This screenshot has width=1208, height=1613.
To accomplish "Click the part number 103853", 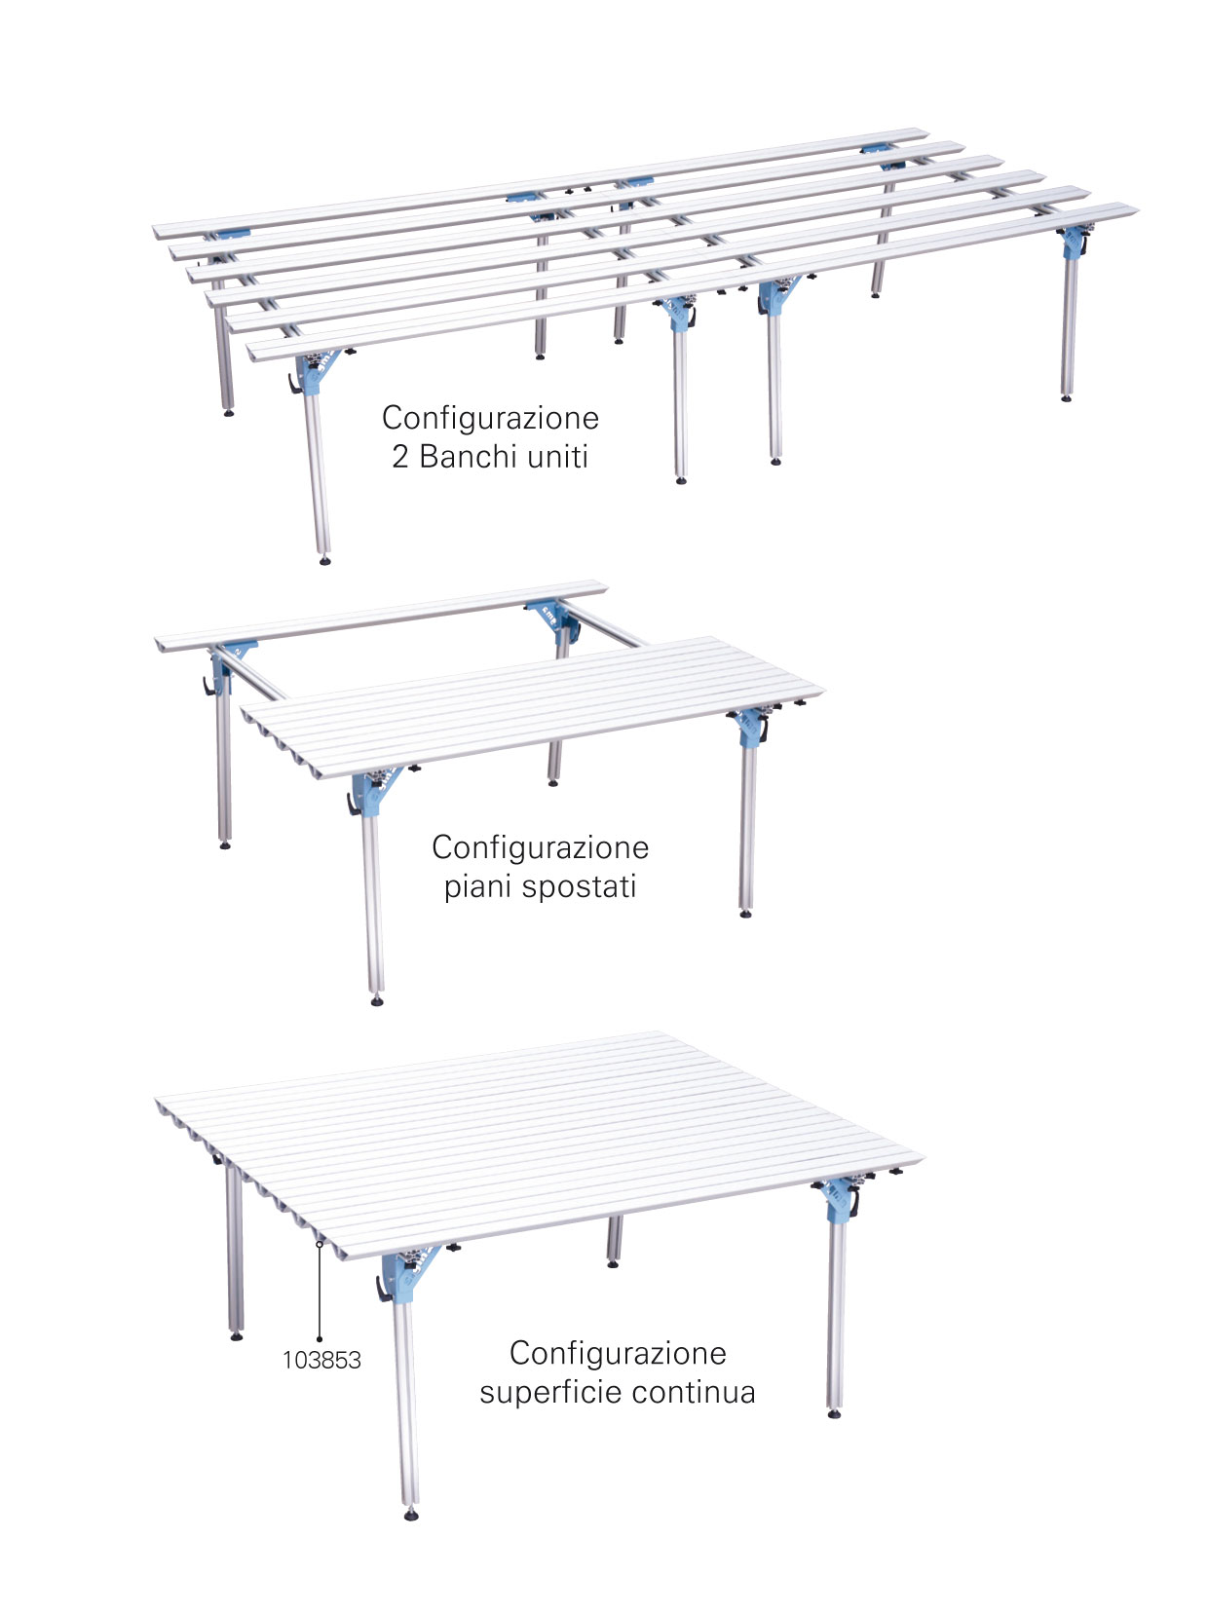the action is pos(321,1360).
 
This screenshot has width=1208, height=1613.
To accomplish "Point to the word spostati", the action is pos(579,886).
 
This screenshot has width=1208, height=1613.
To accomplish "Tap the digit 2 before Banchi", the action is pos(400,457).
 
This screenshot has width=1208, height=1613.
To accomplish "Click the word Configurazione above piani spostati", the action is pos(540,847).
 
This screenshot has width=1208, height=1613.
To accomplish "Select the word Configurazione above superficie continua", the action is pos(618,1353).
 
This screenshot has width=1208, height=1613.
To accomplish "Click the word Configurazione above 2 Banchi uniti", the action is pos(490,418).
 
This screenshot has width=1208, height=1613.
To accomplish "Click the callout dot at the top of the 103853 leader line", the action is pos(320,1244).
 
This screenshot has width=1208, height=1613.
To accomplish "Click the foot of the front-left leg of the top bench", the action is pos(324,561).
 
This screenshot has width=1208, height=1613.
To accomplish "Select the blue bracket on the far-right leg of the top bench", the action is pos(1073,242).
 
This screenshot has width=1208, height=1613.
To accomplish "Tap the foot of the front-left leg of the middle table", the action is pos(377,1001).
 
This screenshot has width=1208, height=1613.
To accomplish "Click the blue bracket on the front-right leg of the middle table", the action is pos(751,728).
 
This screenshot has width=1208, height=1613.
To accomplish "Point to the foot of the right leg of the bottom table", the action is pos(834,1413).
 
